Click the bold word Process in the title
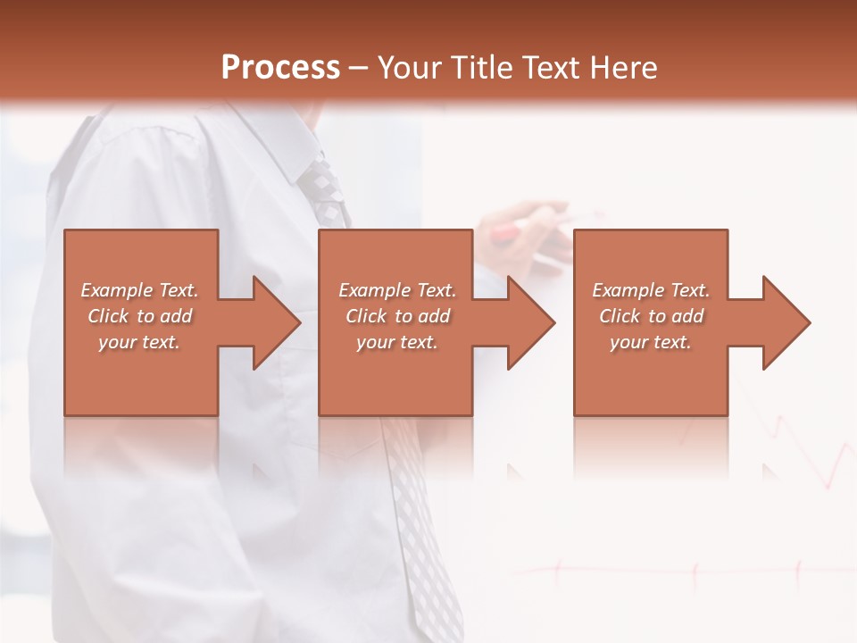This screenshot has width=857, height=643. (280, 68)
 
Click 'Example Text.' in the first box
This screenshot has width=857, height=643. (139, 290)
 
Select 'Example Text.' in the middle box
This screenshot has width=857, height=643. (397, 290)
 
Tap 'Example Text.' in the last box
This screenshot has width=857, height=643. (651, 290)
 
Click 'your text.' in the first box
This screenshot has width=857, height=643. (139, 342)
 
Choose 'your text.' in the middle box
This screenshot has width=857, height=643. (397, 342)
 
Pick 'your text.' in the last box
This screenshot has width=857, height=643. (651, 342)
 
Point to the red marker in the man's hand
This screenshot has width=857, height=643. (505, 233)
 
